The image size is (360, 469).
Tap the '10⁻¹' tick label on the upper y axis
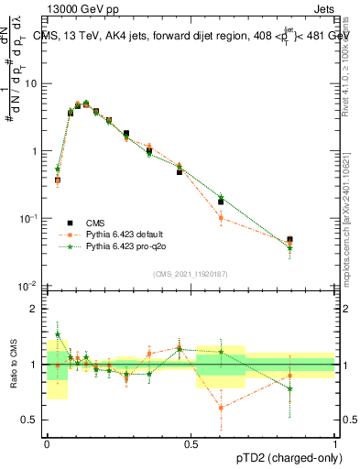click(30, 219)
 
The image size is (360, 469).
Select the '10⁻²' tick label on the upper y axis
click(30, 287)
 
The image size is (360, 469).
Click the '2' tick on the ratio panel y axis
click(35, 309)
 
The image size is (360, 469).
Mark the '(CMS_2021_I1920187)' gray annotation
click(191, 274)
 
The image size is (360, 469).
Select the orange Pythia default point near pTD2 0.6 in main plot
click(221, 217)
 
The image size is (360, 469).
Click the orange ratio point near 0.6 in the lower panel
click(221, 408)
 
